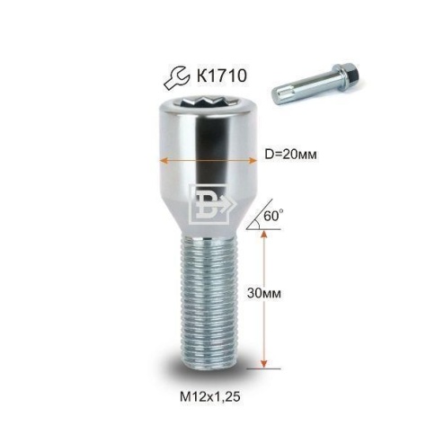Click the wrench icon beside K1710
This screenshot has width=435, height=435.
[177, 77]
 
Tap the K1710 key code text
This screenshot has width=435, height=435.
[221, 75]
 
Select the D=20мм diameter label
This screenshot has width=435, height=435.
[291, 155]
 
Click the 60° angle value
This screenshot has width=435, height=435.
[273, 216]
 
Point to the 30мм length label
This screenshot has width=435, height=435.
[264, 293]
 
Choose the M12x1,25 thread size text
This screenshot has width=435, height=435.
[210, 396]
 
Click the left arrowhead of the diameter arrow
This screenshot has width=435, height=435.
[164, 161]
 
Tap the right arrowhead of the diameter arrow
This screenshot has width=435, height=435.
[253, 161]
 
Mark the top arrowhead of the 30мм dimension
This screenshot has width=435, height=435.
[263, 234]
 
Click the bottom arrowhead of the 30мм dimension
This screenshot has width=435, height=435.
[263, 363]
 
